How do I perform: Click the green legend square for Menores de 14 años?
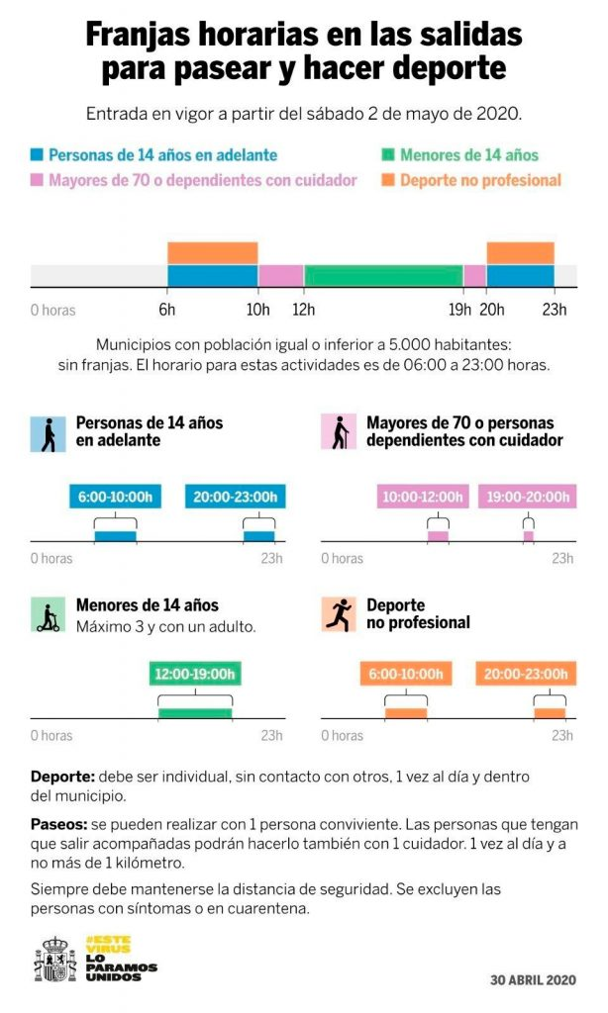389,155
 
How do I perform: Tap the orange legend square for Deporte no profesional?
389,180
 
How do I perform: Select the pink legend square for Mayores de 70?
38,180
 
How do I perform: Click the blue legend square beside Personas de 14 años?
38,155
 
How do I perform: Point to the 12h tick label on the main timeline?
304,310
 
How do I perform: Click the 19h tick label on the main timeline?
459,310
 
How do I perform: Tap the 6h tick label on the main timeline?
167,310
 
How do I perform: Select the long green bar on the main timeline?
383,276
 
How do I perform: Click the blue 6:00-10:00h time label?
115,498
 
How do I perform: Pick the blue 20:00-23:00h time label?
235,498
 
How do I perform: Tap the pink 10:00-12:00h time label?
422,498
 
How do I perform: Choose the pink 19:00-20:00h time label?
526,498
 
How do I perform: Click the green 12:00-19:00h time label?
195,675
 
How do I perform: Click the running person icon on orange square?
339,614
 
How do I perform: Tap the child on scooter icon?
48,614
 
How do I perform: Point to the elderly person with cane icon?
339,432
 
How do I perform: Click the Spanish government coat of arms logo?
55,959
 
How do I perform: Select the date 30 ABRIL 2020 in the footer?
533,980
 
